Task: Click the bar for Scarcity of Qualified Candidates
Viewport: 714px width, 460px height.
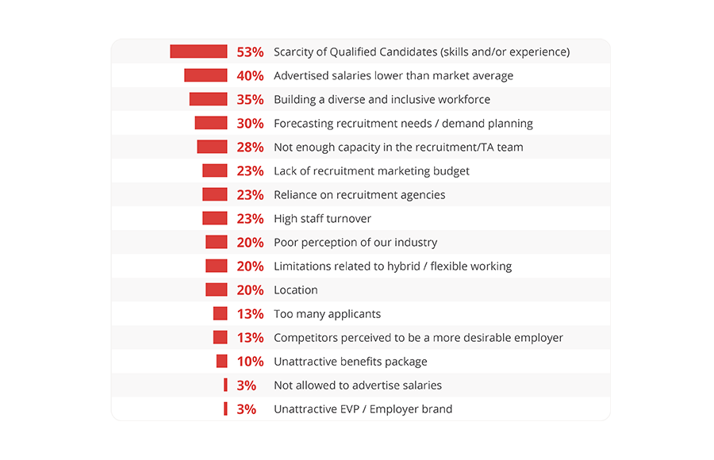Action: pyautogui.click(x=198, y=52)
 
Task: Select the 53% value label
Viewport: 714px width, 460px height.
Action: pyautogui.click(x=250, y=52)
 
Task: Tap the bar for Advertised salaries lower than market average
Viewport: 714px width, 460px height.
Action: pyautogui.click(x=205, y=75)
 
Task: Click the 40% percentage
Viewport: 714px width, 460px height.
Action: pyautogui.click(x=250, y=76)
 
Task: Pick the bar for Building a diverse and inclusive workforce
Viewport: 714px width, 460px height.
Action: pyautogui.click(x=208, y=99)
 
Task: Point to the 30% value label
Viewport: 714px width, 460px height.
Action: pyautogui.click(x=250, y=124)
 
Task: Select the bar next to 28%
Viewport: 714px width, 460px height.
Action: pyautogui.click(x=212, y=147)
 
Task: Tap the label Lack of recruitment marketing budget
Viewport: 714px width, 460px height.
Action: pyautogui.click(x=371, y=171)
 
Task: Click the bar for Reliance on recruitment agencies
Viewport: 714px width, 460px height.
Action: pyautogui.click(x=214, y=194)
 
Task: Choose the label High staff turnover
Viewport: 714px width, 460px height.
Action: pyautogui.click(x=322, y=219)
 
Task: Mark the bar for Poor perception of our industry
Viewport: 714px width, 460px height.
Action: pyautogui.click(x=216, y=242)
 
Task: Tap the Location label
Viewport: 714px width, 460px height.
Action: pyautogui.click(x=295, y=290)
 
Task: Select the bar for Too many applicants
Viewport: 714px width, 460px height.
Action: pyautogui.click(x=220, y=313)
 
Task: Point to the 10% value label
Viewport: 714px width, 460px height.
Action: pyautogui.click(x=250, y=362)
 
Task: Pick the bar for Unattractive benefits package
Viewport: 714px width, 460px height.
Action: pyautogui.click(x=221, y=361)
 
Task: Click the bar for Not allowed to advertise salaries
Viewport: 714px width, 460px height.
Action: pyautogui.click(x=225, y=385)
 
